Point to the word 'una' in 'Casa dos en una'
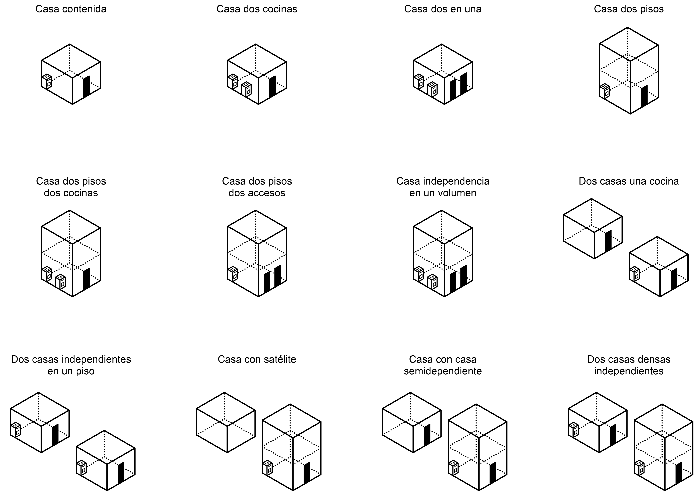[472, 9]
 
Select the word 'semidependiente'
[443, 371]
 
